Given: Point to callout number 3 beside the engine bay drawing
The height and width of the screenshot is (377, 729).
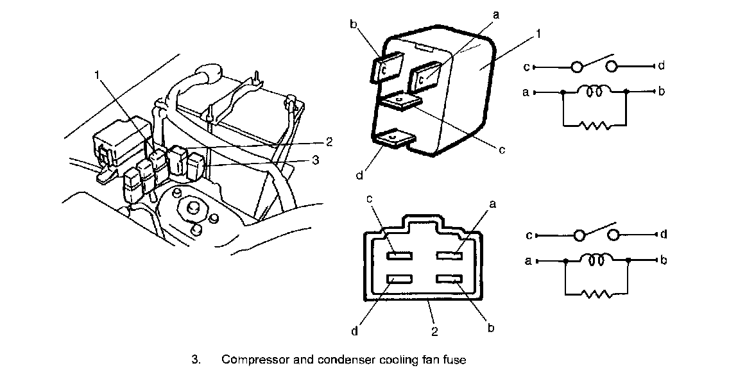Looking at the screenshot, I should click(x=314, y=161).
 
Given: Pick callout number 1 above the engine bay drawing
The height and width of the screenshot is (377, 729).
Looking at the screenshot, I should click(x=97, y=75).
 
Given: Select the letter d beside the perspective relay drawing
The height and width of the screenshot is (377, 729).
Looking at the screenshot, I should click(x=360, y=174).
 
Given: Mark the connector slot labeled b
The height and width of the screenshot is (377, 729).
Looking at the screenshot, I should click(x=449, y=279).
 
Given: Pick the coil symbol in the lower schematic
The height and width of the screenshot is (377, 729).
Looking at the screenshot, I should click(x=596, y=260).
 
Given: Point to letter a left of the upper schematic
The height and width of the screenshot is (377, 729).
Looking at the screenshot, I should click(x=526, y=92).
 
